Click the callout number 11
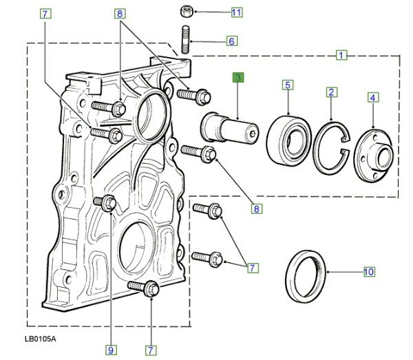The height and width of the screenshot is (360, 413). (237, 12)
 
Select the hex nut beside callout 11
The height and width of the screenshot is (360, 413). (187, 11)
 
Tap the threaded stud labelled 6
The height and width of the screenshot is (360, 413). (185, 39)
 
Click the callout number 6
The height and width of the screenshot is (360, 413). (232, 41)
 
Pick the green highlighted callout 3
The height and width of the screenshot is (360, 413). (238, 78)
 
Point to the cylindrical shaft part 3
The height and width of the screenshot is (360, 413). (230, 129)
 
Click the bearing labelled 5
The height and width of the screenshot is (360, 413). (288, 141)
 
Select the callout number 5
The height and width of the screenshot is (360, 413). (288, 85)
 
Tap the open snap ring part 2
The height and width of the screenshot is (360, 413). (332, 148)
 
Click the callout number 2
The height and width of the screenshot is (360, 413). (331, 92)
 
